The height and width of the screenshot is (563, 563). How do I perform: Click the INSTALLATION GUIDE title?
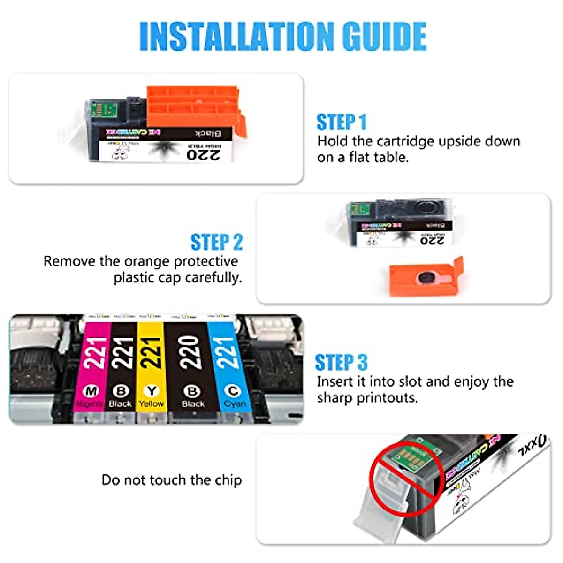click(282, 36)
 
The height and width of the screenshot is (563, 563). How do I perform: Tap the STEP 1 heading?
click(341, 122)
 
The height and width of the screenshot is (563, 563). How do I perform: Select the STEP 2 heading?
click(216, 242)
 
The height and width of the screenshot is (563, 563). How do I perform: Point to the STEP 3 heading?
click(341, 363)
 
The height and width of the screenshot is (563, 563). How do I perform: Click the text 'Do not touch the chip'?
click(172, 480)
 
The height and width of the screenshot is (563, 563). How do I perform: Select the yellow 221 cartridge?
click(151, 366)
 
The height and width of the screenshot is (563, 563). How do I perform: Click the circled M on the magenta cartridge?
click(91, 391)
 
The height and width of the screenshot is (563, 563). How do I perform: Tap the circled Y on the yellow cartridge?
click(151, 391)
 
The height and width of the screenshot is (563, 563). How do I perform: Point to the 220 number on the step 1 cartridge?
click(204, 154)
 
